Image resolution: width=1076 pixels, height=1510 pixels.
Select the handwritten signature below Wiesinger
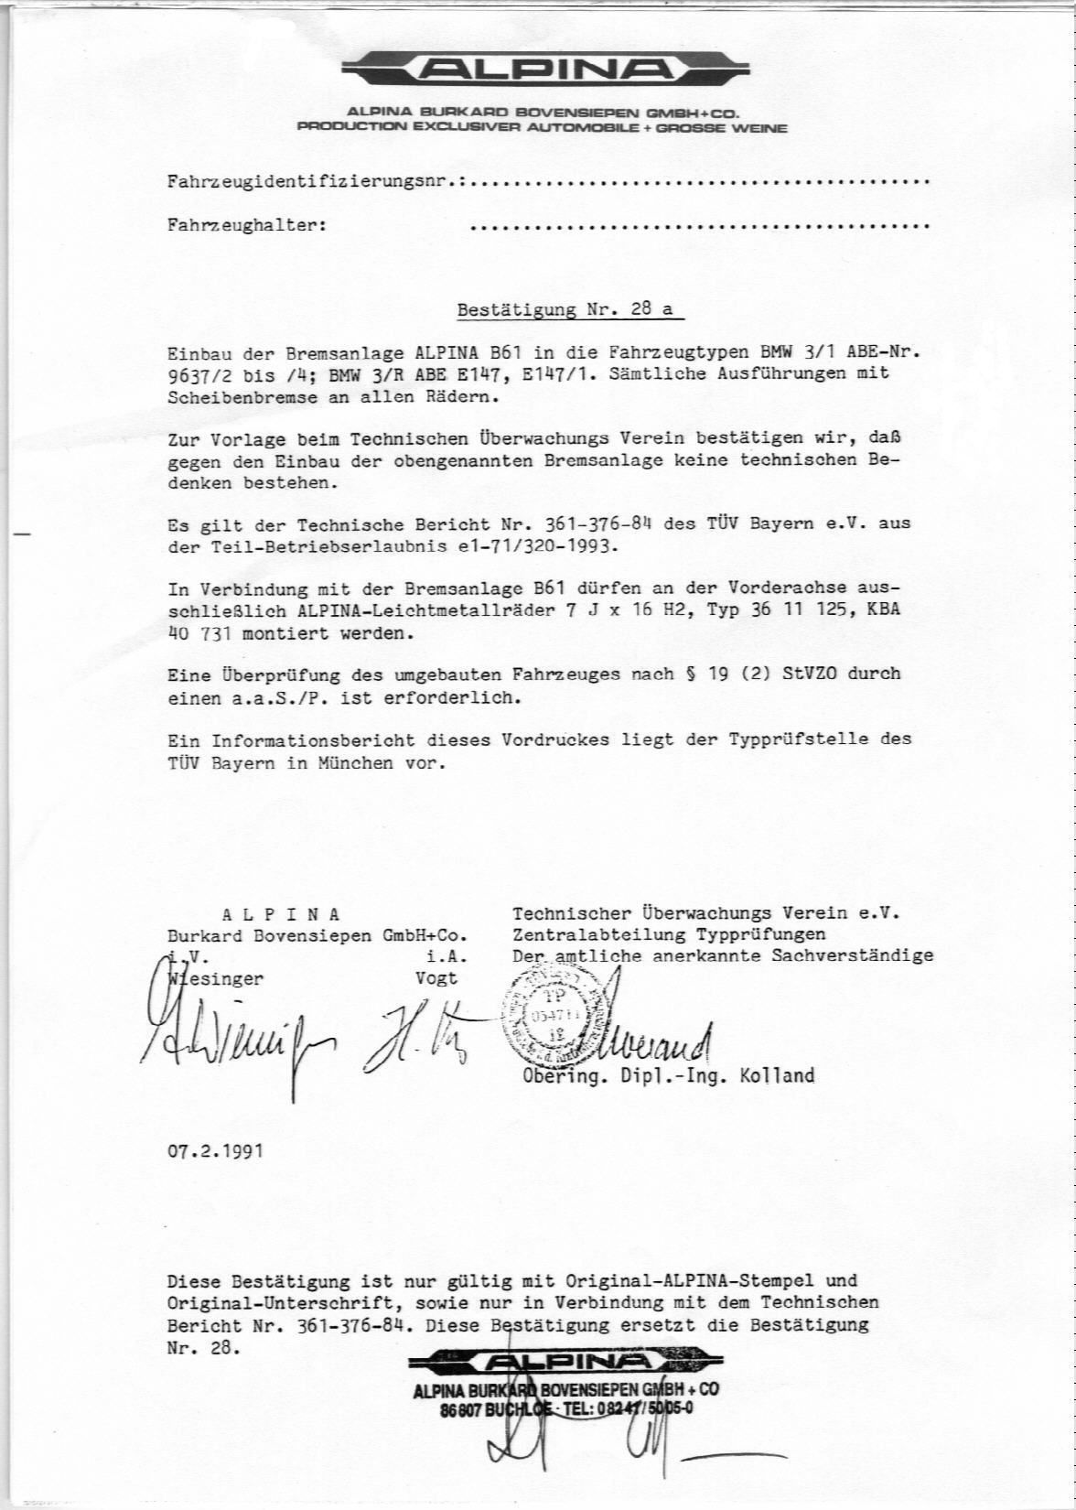pyautogui.click(x=238, y=1039)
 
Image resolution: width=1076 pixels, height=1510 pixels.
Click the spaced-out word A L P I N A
pyautogui.click(x=282, y=914)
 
